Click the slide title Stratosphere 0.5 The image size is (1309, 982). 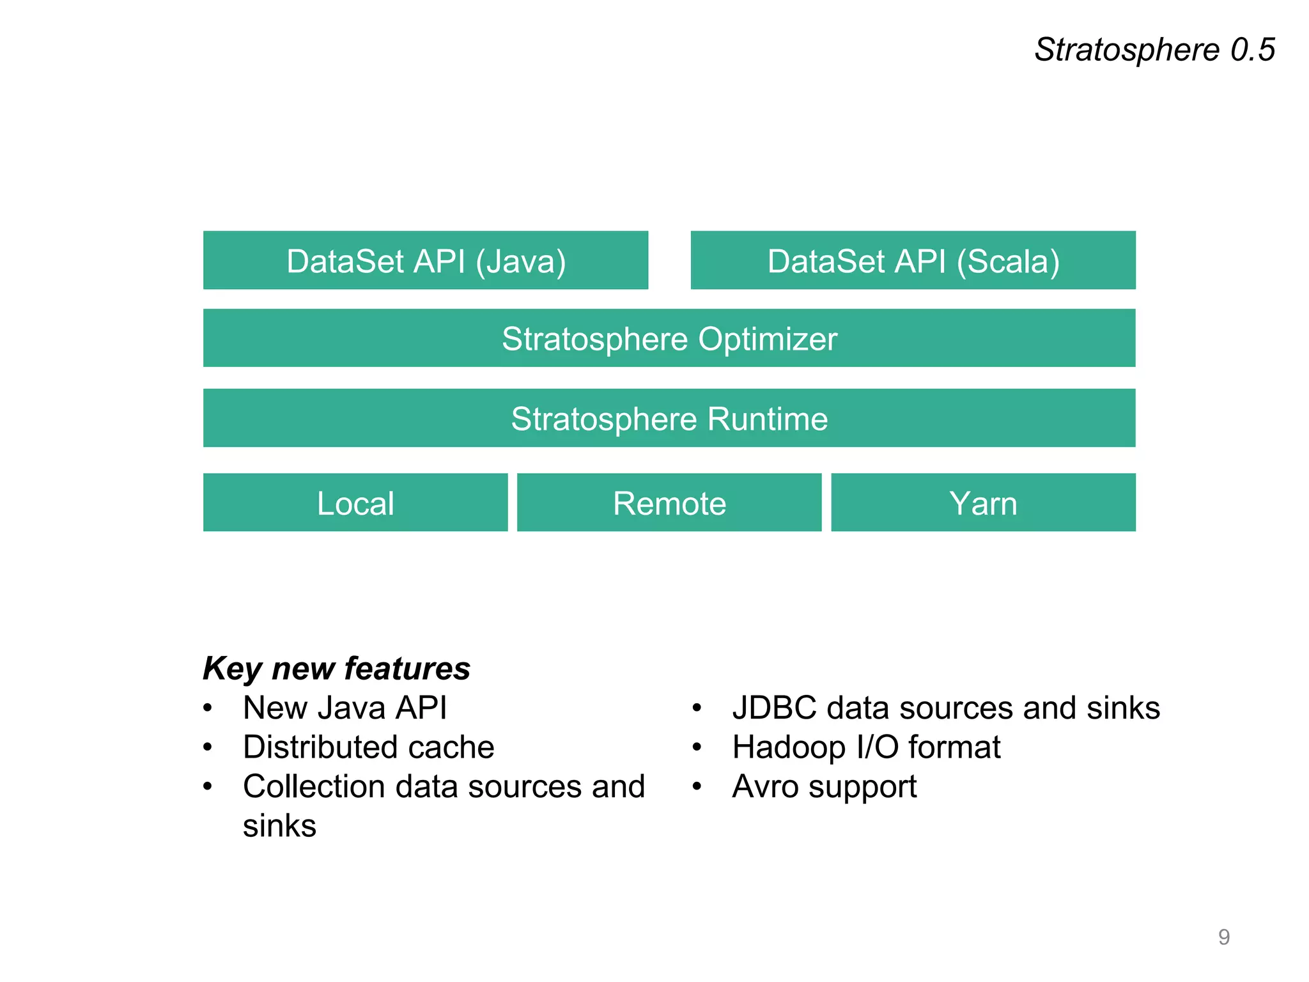click(x=1154, y=50)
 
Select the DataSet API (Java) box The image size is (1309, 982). click(x=426, y=260)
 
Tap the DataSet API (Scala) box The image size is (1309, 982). click(x=913, y=260)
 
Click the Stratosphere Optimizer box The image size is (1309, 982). click(x=669, y=338)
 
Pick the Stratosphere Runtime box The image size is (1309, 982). click(x=669, y=418)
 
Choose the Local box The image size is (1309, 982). click(x=355, y=503)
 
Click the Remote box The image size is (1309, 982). click(x=669, y=503)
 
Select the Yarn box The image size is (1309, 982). click(x=983, y=503)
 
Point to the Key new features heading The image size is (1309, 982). click(x=336, y=669)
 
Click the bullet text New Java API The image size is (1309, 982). click(x=345, y=708)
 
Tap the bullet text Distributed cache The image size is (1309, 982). click(x=368, y=747)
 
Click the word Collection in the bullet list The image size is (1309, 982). click(x=313, y=786)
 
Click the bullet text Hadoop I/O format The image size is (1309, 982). click(x=866, y=747)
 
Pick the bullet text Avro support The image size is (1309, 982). click(x=824, y=786)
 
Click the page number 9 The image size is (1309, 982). click(x=1223, y=937)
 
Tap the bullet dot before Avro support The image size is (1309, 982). click(x=697, y=786)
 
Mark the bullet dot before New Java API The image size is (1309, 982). click(x=207, y=708)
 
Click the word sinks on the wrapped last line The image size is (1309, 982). click(x=279, y=826)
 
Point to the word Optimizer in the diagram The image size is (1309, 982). click(x=767, y=339)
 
